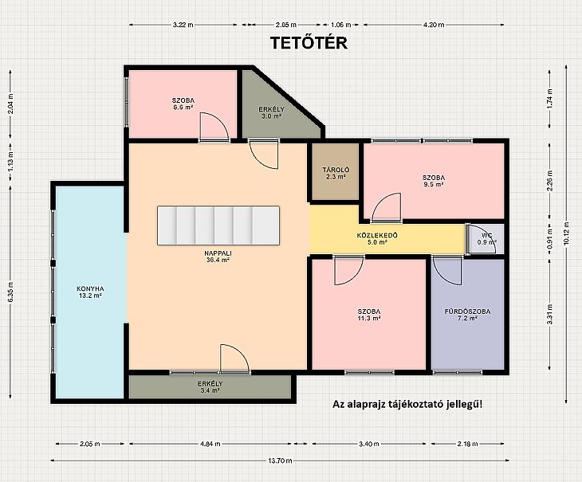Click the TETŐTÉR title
[309, 43]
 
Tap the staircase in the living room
[218, 225]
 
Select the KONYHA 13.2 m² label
[90, 292]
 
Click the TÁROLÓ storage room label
[336, 174]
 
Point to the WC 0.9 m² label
[487, 239]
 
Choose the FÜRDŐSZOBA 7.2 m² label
[467, 315]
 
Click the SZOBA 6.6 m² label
[183, 104]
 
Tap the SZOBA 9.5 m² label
[434, 181]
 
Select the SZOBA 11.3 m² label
[369, 315]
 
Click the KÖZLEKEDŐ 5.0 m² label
[377, 239]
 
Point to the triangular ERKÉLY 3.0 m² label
[271, 112]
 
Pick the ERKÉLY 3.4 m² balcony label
[210, 387]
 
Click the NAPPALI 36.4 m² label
[218, 257]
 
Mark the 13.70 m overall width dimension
[280, 460]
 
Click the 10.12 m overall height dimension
[566, 234]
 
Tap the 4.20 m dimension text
[434, 25]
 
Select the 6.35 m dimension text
[10, 292]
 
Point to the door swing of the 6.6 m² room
[220, 122]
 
